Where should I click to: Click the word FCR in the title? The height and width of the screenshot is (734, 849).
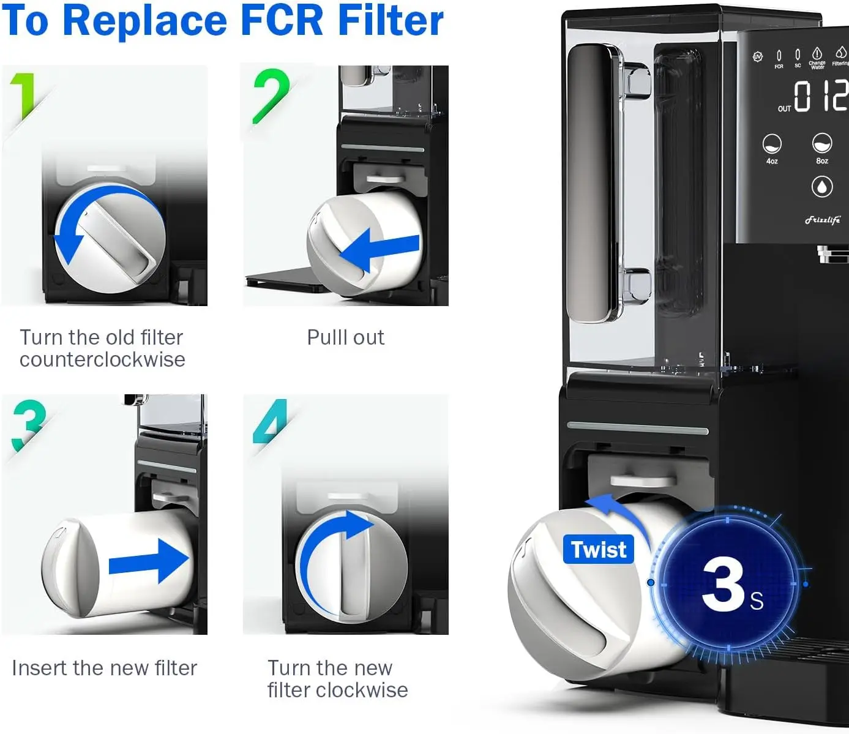(x=282, y=20)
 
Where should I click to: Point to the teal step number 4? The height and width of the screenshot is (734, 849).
(x=271, y=422)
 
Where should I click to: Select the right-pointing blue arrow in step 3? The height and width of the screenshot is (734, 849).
(x=150, y=560)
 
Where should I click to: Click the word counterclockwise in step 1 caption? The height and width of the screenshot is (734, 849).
(x=102, y=359)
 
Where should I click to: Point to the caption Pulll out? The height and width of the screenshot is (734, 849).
(x=345, y=337)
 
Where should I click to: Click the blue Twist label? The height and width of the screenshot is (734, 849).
(x=598, y=549)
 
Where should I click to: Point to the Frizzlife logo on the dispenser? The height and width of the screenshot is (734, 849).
(x=822, y=220)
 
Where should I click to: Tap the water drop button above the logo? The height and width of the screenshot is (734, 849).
(x=821, y=186)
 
